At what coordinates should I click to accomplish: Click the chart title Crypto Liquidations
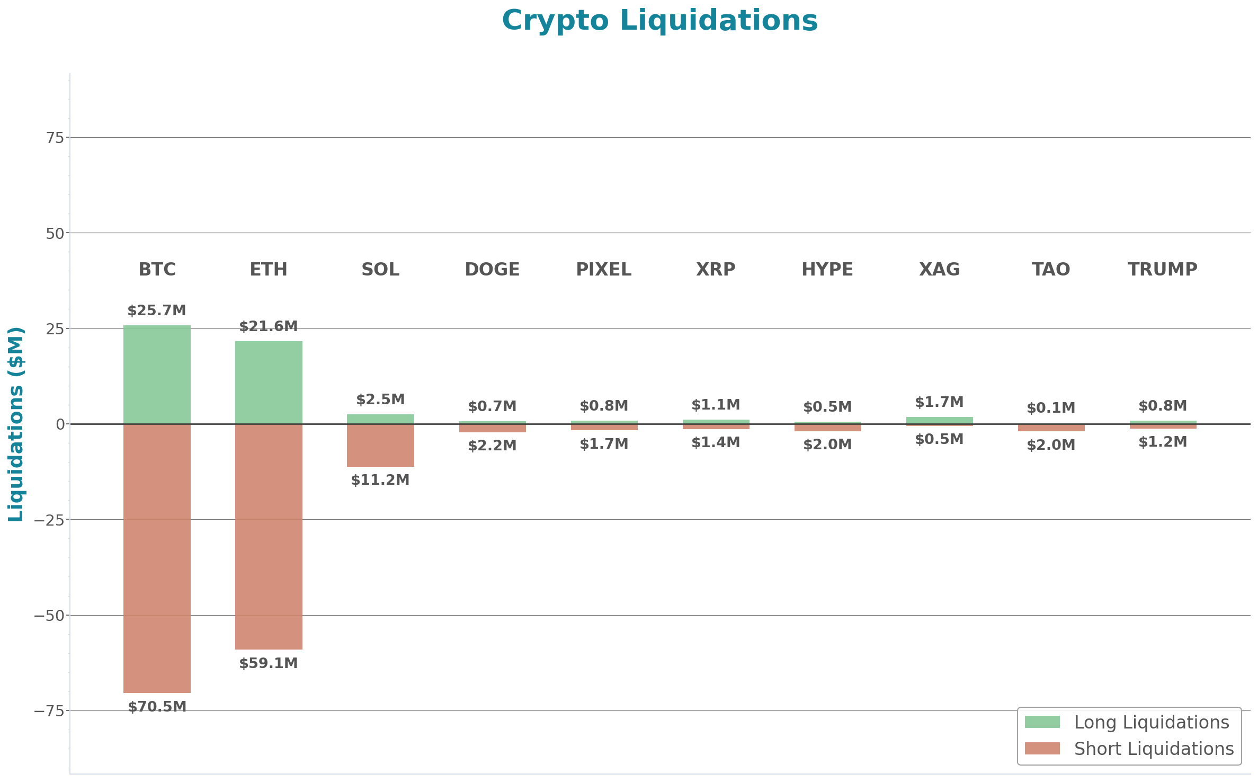coord(659,21)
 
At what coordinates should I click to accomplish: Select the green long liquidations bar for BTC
coord(157,374)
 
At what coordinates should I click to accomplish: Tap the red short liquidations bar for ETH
coord(269,536)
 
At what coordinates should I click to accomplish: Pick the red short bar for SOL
coord(380,445)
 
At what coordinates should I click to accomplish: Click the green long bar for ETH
coord(269,382)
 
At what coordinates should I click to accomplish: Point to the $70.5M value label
coord(157,706)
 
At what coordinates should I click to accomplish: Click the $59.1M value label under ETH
coord(269,663)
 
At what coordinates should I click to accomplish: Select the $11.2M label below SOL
coord(380,480)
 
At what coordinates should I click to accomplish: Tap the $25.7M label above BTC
coord(157,310)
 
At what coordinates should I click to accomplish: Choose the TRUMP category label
coord(1163,269)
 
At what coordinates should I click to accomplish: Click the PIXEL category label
coord(604,269)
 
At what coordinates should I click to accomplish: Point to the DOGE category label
coord(492,269)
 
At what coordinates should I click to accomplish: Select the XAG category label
coord(939,269)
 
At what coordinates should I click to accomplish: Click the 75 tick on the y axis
coord(55,138)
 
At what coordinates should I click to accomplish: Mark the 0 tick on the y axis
coord(60,424)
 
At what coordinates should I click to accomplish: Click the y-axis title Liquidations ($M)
coord(16,424)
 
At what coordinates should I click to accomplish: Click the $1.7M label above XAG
coord(939,402)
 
